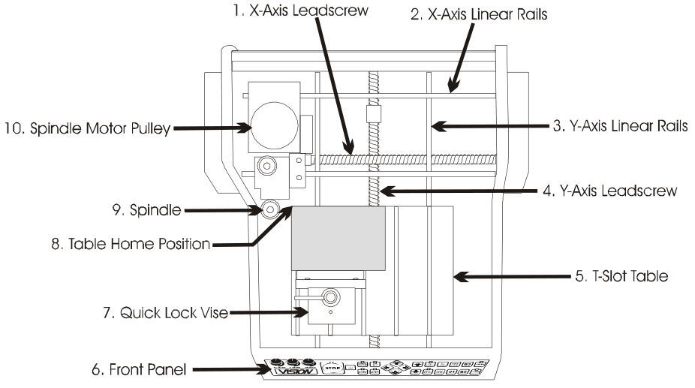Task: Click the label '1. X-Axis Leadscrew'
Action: click(x=300, y=11)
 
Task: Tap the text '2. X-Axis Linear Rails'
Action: click(x=479, y=14)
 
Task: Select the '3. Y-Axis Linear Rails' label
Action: click(x=620, y=126)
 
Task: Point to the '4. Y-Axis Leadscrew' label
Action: click(x=610, y=191)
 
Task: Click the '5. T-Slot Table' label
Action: click(x=621, y=276)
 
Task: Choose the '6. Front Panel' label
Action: click(x=139, y=369)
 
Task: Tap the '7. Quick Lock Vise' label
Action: click(x=165, y=313)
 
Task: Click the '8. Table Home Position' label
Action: click(x=131, y=244)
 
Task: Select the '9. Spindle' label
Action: click(x=146, y=209)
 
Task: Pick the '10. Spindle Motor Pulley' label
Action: click(x=87, y=128)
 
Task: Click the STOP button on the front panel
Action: click(x=332, y=368)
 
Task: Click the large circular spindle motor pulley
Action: click(x=274, y=125)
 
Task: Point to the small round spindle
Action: click(x=270, y=209)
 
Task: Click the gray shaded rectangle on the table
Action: click(x=338, y=238)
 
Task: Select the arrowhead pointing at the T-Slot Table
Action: click(x=461, y=277)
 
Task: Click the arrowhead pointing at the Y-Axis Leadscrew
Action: click(x=387, y=191)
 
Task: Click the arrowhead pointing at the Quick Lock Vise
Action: click(x=301, y=312)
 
